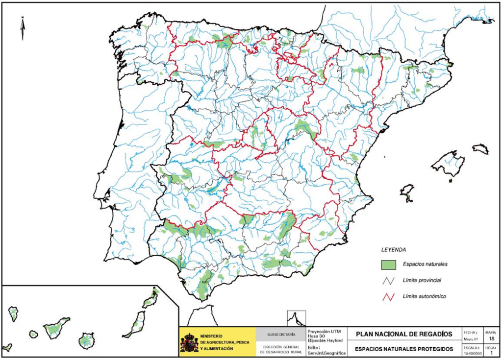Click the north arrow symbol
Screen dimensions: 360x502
click(23, 28)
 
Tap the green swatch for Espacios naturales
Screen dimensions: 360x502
click(388, 264)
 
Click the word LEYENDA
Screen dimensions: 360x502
click(393, 249)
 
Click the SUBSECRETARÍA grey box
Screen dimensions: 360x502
click(281, 335)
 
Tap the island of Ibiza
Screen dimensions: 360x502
click(407, 191)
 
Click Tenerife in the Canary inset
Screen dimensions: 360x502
click(56, 327)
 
